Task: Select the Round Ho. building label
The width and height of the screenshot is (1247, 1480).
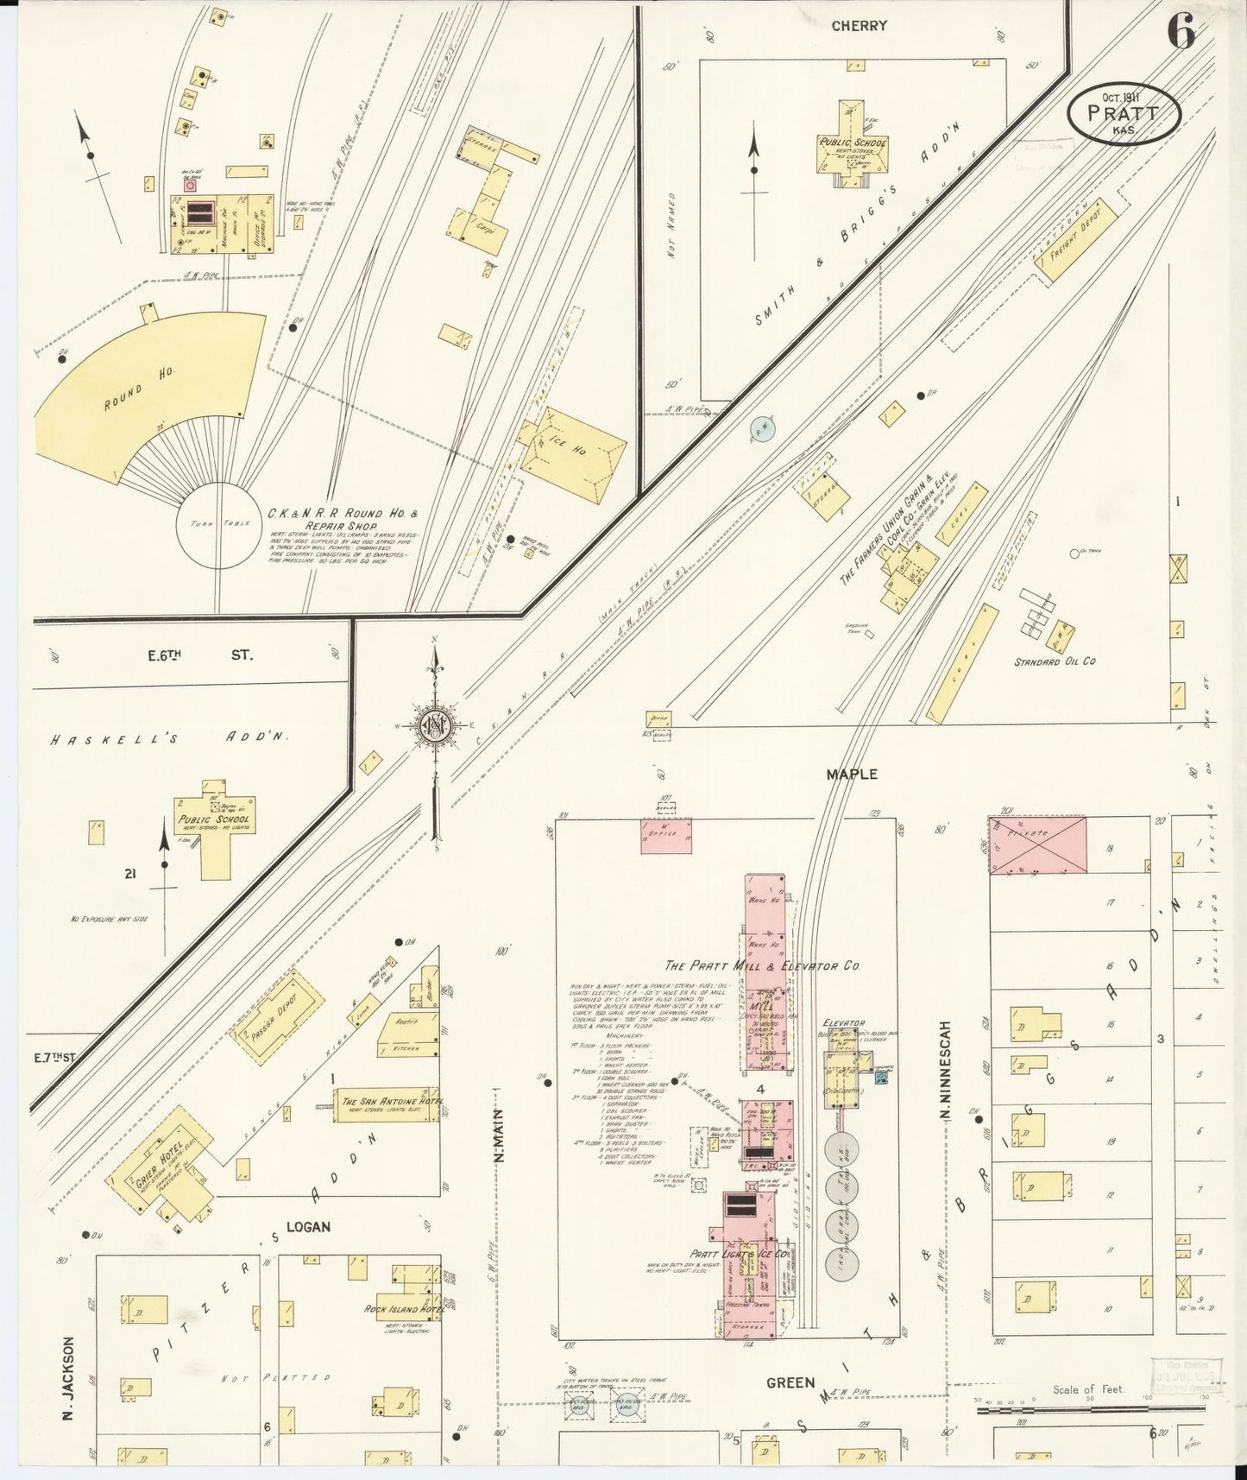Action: [140, 389]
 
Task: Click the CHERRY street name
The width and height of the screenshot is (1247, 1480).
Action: [859, 26]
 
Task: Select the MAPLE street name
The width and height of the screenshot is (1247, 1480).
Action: [851, 775]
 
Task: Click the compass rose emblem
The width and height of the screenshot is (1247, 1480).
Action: [436, 726]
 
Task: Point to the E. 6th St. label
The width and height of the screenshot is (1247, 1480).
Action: [198, 655]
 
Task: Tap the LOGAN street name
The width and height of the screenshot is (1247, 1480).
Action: [308, 1227]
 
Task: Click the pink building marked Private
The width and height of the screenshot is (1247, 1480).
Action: [1037, 845]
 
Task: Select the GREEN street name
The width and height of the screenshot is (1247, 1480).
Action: [790, 1383]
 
